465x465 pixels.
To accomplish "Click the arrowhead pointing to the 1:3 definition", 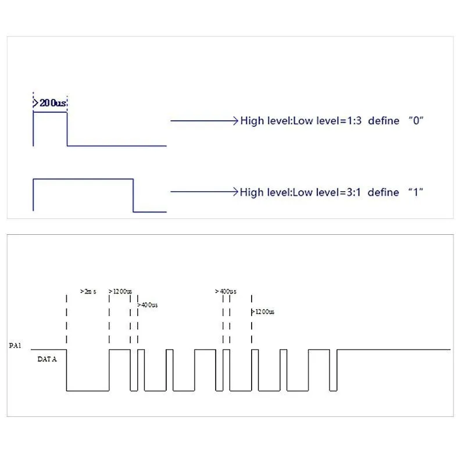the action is click(235, 121).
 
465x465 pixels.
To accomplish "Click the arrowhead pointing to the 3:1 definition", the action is click(235, 192).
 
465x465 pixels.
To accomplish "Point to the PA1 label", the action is click(15, 346).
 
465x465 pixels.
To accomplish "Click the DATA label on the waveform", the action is click(47, 359).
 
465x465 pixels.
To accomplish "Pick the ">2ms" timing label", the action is click(88, 291).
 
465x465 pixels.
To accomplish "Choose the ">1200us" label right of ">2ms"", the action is click(120, 291).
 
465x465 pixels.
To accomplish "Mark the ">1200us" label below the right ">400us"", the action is click(263, 312).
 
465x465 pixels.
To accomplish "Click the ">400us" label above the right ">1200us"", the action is click(226, 291).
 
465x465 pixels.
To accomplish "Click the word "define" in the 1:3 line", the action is click(384, 121).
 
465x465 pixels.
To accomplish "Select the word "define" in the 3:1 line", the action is click(384, 192).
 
